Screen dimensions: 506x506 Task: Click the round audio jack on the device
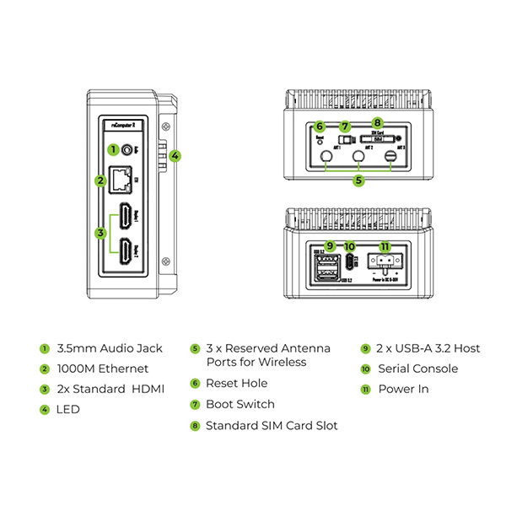tap(127, 149)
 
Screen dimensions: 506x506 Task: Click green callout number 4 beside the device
tap(175, 155)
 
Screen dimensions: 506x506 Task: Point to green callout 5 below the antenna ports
tap(358, 180)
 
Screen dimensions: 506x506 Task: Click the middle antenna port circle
tap(359, 157)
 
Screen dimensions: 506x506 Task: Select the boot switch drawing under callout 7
tap(342, 139)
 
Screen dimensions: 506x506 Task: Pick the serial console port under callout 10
tap(350, 261)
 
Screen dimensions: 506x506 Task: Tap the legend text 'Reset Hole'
tap(236, 383)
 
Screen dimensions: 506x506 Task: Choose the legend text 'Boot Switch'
tap(240, 404)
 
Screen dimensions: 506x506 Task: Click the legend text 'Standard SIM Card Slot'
tap(272, 425)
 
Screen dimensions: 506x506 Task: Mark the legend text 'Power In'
tap(402, 389)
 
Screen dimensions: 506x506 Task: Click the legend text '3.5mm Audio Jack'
tap(109, 348)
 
